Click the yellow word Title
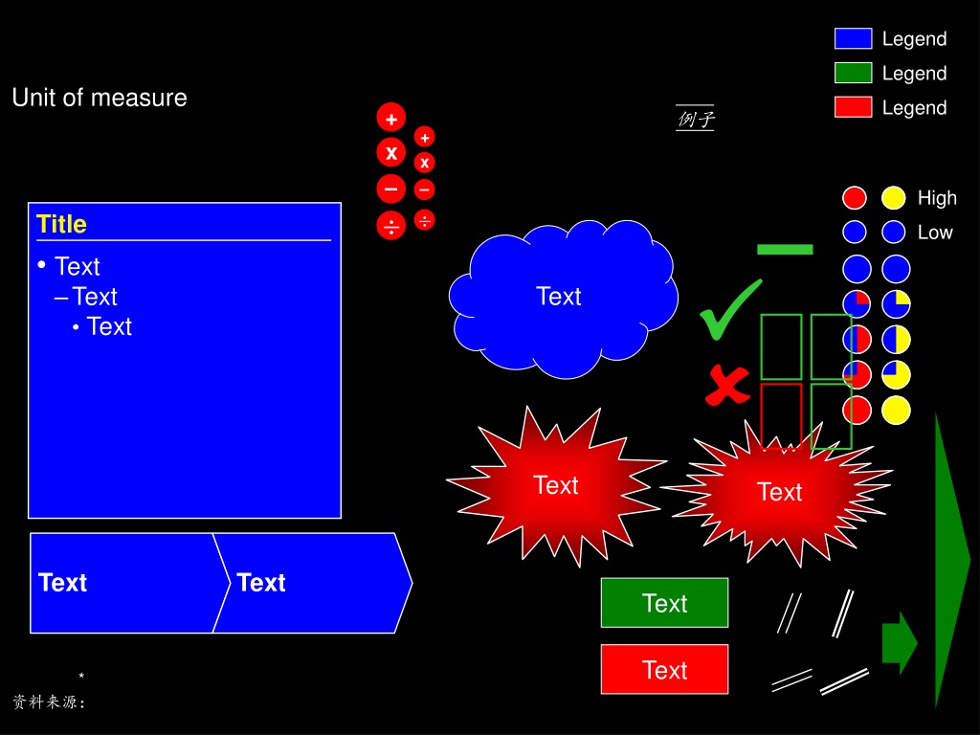point(61,224)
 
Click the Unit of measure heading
point(100,98)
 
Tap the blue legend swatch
point(853,38)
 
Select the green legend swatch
point(853,73)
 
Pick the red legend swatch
point(853,107)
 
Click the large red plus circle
point(391,118)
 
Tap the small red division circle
point(424,220)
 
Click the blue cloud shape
point(563,299)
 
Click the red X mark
point(727,385)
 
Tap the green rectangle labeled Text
point(664,603)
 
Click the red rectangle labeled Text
point(664,669)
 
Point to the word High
point(937,198)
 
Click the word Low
point(935,233)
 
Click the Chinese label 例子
point(695,119)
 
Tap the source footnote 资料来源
point(49,702)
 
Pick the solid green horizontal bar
point(785,250)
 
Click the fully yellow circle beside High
point(894,197)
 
